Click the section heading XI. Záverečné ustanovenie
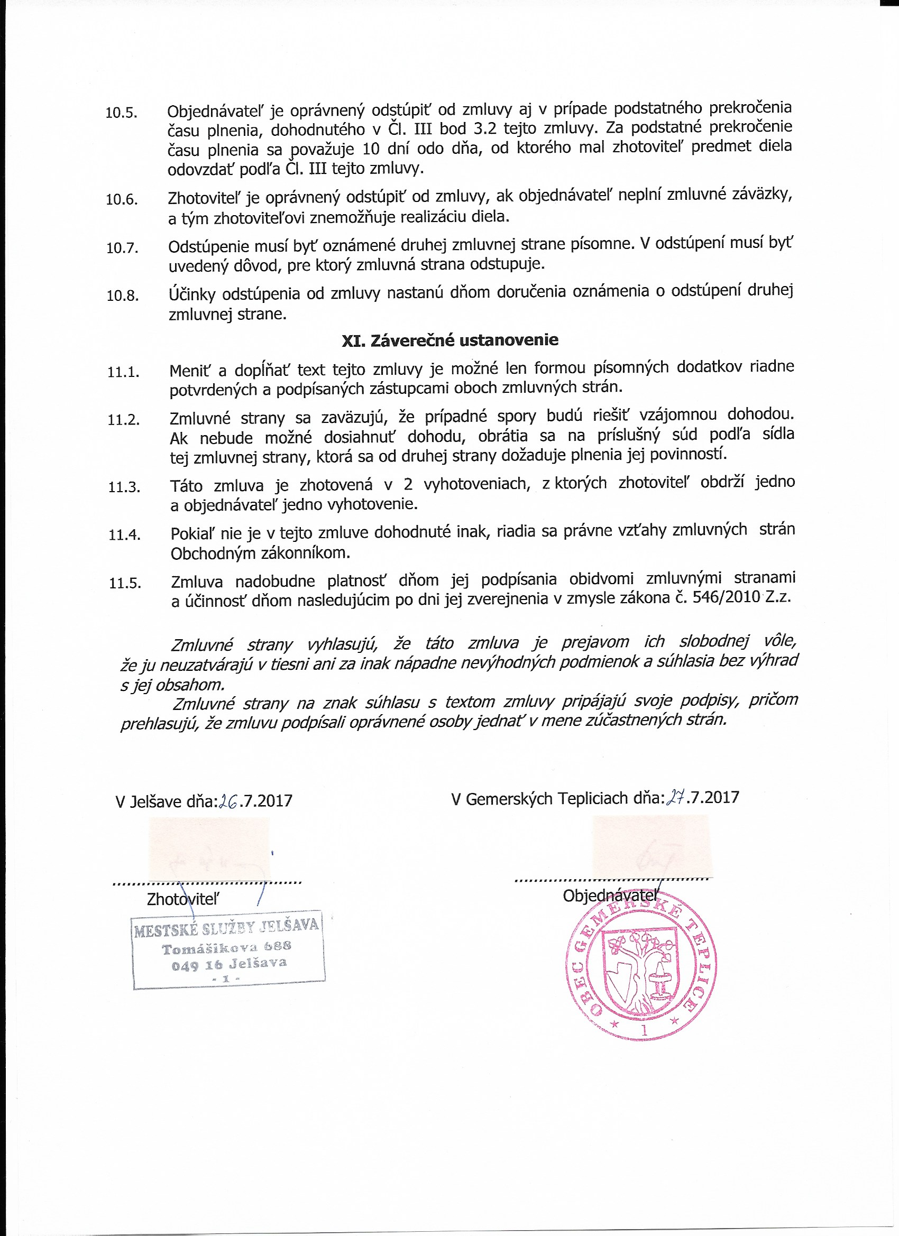coord(450,340)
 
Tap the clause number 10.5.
coord(122,113)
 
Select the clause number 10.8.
coord(123,296)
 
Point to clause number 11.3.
coord(124,487)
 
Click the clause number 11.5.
coord(125,584)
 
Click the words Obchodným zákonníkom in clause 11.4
coord(260,554)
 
